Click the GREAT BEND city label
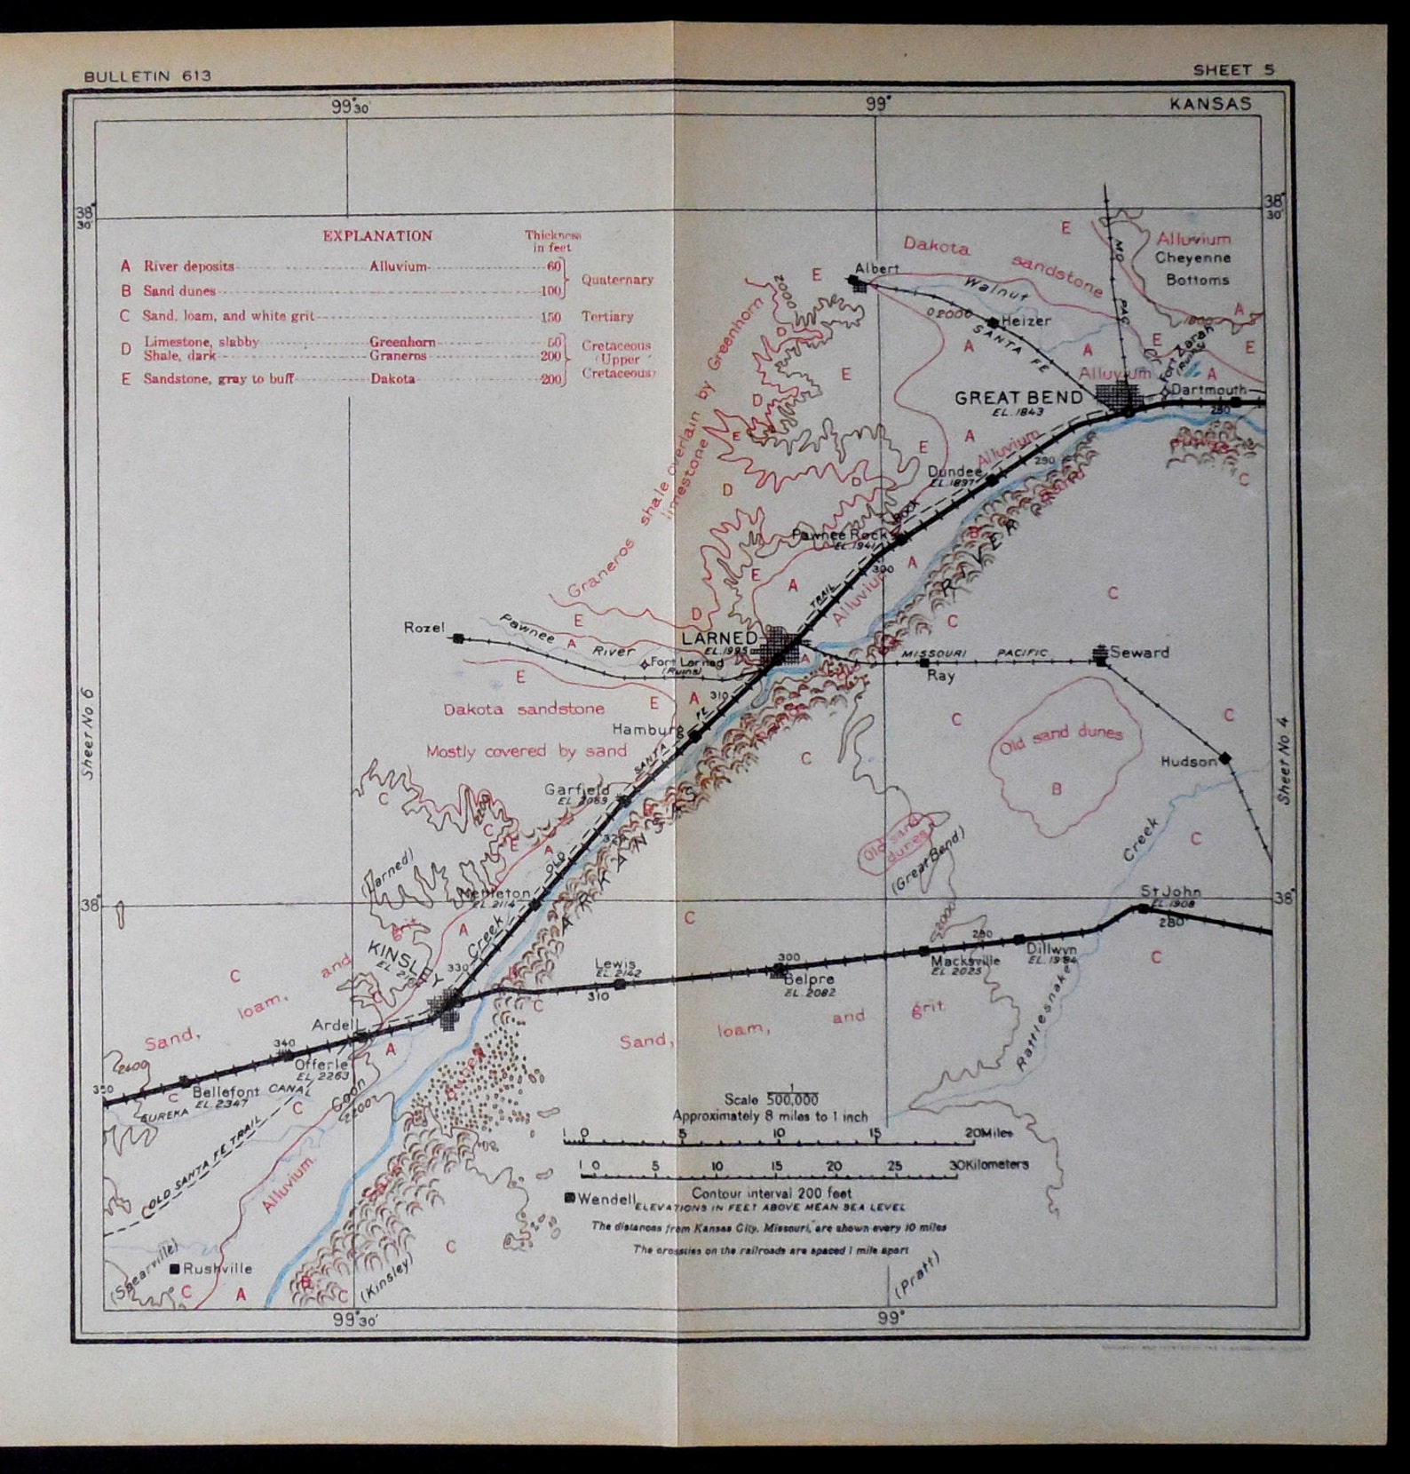[1018, 398]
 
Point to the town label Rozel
[424, 628]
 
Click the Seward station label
[1139, 652]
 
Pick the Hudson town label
[1188, 761]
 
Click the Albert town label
[876, 267]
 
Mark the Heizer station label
[1025, 321]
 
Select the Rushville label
[218, 1269]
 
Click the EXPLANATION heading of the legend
[377, 236]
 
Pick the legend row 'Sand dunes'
[179, 290]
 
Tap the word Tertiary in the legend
[607, 316]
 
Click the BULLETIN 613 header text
[147, 76]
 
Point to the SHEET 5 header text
[1233, 70]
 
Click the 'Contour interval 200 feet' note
[772, 1193]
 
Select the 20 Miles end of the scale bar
[987, 1133]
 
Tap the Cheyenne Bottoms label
[1192, 269]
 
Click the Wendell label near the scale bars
[606, 1199]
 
